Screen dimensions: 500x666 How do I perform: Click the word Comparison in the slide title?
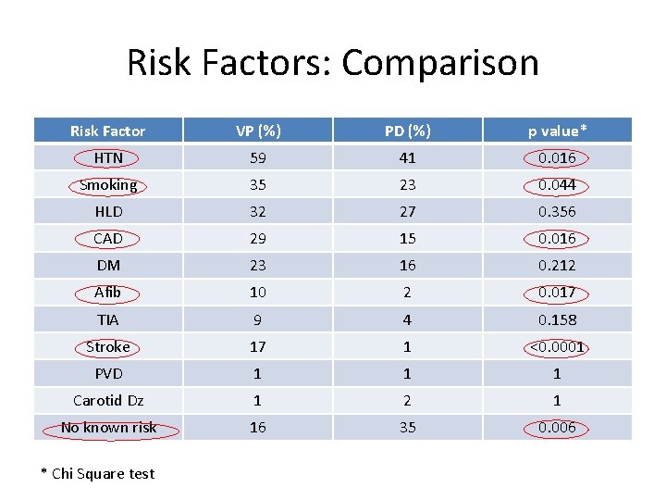[439, 64]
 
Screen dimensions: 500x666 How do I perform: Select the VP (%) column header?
[257, 131]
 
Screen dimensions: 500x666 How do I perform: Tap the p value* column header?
[557, 131]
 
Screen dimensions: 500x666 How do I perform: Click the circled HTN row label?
[108, 157]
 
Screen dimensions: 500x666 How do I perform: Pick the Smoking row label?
[108, 184]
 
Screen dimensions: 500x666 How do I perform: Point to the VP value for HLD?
[257, 211]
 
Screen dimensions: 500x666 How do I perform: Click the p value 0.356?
[557, 211]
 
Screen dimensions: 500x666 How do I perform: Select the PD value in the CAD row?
[407, 238]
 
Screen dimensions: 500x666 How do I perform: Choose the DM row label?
[108, 265]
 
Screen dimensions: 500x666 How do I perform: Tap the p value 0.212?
[557, 265]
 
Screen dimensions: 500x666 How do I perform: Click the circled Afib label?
[108, 293]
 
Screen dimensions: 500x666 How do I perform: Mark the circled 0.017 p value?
[557, 293]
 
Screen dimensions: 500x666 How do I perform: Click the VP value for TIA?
[257, 319]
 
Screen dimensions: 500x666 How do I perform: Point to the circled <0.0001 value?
[557, 346]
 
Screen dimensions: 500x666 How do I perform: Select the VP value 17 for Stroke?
[257, 346]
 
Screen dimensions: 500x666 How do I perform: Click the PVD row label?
[108, 373]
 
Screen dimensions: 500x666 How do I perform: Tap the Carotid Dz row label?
[108, 400]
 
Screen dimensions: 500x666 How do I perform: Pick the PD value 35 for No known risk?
[407, 427]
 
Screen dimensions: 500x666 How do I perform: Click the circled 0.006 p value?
[557, 427]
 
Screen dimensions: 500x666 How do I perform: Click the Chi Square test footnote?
[98, 473]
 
